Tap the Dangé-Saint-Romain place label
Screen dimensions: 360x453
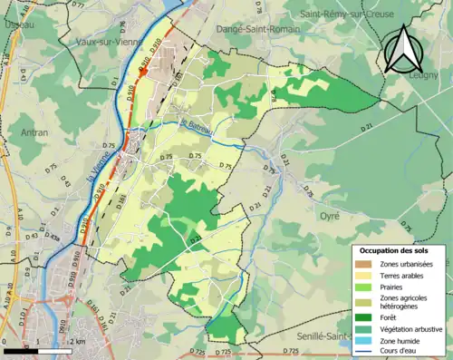(255, 29)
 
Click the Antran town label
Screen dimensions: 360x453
(34, 132)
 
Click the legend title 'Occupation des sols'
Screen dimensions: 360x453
(395, 250)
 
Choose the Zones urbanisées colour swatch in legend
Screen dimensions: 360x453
(366, 264)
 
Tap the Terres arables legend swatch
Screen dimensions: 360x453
(366, 276)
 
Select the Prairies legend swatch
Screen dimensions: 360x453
(366, 287)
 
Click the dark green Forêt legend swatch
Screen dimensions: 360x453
(366, 316)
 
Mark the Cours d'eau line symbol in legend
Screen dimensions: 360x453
(366, 352)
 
